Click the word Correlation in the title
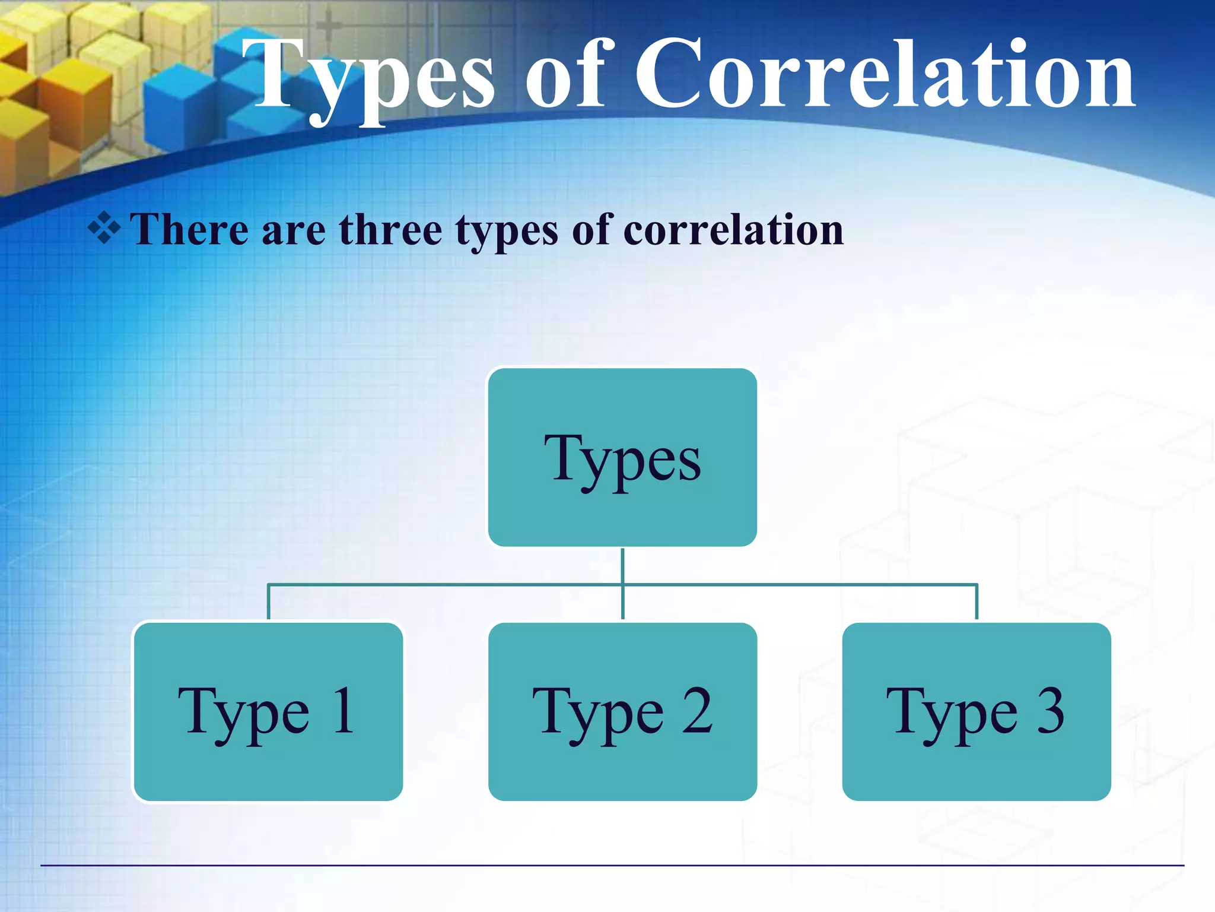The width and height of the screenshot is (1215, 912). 884,74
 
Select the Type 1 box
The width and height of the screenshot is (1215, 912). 268,711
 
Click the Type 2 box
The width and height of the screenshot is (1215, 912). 622,711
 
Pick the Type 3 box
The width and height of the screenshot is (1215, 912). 976,711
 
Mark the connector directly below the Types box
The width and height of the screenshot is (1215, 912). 622,565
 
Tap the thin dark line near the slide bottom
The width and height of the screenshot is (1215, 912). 611,865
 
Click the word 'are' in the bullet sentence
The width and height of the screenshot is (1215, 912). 293,230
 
